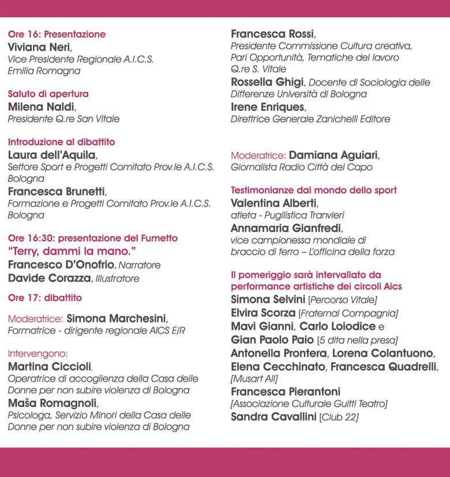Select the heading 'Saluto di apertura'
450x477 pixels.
[x=48, y=94]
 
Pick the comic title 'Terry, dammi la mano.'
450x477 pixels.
[x=71, y=251]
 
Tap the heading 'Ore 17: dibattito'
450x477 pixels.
[x=44, y=298]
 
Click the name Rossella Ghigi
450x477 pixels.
[x=266, y=82]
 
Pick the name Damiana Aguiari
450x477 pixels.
[x=333, y=155]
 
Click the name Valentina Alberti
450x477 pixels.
[x=273, y=203]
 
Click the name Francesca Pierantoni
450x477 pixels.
[x=285, y=392]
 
